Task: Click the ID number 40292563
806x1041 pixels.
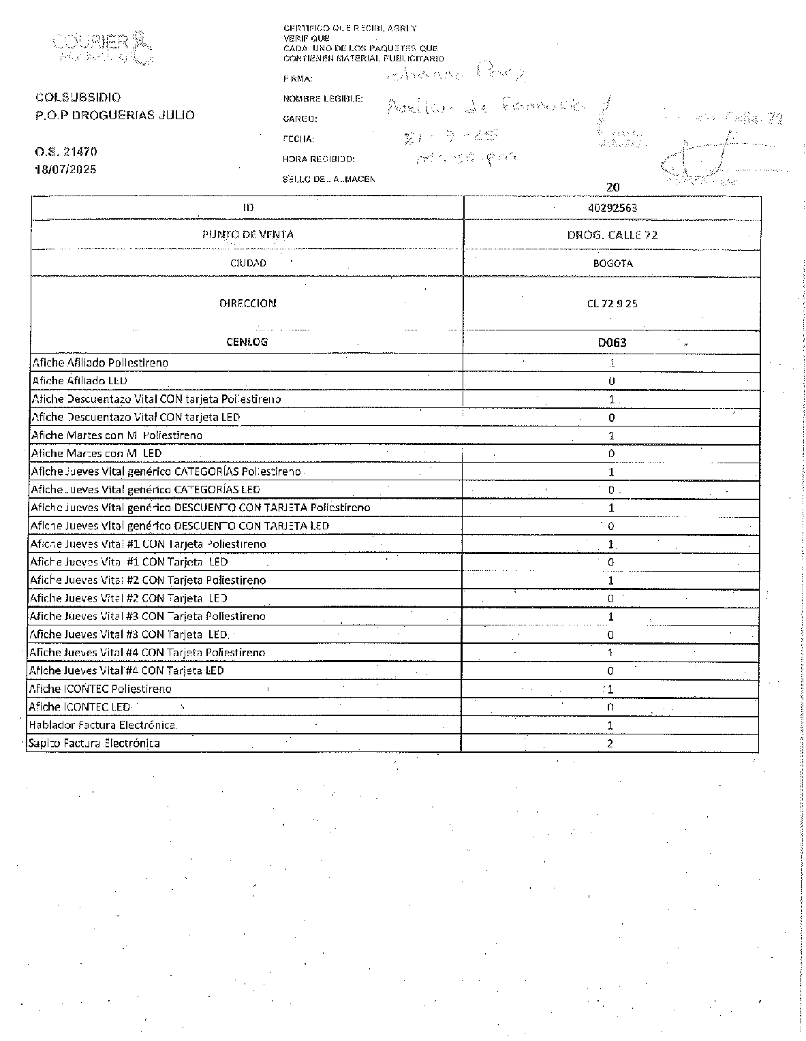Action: (612, 208)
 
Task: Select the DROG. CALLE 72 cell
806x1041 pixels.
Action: (612, 235)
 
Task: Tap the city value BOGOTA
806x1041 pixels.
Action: (612, 263)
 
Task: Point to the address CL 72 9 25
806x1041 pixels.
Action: (612, 304)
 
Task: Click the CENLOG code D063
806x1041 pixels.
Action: (612, 343)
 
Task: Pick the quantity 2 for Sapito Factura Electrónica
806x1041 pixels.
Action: (610, 743)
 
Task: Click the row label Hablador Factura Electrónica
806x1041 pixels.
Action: (102, 725)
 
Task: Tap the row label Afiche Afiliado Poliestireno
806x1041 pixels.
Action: (100, 362)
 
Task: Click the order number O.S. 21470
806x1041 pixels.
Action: (66, 152)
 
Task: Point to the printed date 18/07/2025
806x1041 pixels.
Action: (66, 169)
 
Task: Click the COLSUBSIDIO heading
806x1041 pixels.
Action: (78, 97)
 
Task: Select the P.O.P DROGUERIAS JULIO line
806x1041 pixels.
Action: (115, 115)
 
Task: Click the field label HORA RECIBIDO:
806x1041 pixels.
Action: (319, 159)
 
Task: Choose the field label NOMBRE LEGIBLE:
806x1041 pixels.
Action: (323, 99)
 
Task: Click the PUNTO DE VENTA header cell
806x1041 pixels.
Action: (248, 234)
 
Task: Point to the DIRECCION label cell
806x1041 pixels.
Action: (248, 303)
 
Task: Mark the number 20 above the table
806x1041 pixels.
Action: (613, 187)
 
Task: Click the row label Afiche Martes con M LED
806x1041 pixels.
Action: (96, 453)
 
